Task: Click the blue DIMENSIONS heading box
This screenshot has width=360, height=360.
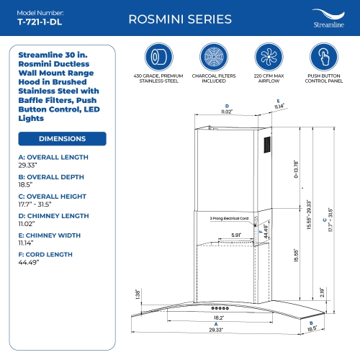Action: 62,138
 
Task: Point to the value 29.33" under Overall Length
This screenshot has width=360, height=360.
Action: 28,165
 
